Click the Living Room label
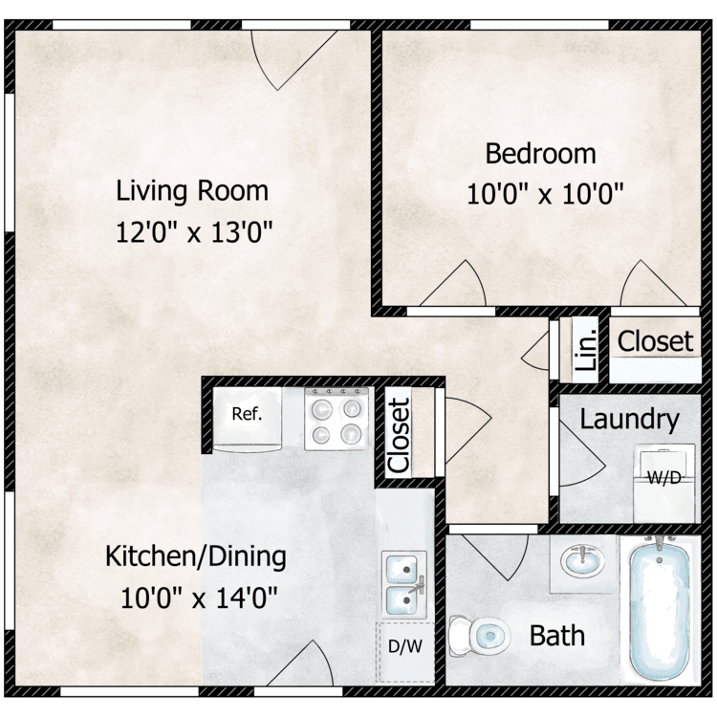point(192,190)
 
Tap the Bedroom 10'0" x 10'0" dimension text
point(545,195)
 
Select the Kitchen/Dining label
point(195,555)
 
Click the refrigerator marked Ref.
point(245,417)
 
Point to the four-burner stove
point(337,418)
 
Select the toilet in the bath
point(480,632)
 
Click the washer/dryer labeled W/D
point(663,475)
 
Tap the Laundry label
point(630,419)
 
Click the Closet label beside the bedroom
point(655,341)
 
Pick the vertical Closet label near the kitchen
point(399,434)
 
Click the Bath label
point(557,635)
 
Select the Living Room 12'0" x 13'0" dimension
point(192,232)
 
